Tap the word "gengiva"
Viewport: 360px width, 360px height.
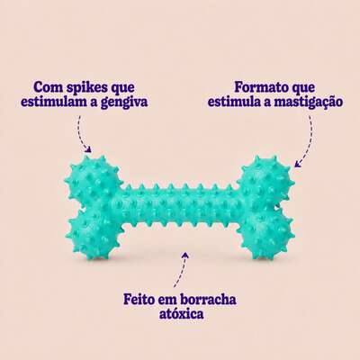124,103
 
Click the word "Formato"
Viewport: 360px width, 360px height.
258,87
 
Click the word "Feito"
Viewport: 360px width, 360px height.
139,299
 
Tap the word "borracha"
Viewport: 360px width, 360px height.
208,299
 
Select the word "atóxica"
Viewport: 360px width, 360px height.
181,313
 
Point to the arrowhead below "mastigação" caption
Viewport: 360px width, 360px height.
298,164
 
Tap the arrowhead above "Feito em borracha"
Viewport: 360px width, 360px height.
186,256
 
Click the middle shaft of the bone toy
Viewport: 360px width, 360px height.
180,207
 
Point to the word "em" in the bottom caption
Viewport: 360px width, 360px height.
166,301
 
